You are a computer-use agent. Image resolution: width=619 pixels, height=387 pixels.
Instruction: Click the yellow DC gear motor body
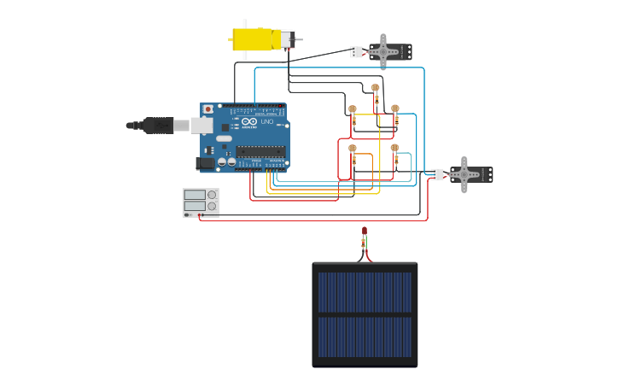coord(254,39)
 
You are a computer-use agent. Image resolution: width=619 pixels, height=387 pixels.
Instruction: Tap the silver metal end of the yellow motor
coord(288,39)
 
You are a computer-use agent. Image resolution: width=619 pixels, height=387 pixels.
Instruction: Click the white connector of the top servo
coord(356,52)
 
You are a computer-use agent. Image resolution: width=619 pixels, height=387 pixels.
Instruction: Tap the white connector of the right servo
coord(437,174)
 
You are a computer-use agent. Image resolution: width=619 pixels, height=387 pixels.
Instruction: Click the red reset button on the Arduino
coord(207,109)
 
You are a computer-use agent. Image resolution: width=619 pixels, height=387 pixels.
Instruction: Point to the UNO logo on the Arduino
coord(265,122)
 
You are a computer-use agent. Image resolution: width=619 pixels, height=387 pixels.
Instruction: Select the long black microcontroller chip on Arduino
coord(260,151)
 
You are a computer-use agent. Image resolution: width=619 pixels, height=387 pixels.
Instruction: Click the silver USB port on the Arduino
coord(201,126)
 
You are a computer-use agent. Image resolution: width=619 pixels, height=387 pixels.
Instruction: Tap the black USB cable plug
coord(159,126)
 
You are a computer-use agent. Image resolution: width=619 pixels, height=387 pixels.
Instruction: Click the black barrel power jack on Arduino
coord(205,162)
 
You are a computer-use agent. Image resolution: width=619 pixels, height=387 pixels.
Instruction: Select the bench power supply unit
coord(201,202)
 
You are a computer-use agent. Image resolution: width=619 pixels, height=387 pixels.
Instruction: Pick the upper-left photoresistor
coord(353,109)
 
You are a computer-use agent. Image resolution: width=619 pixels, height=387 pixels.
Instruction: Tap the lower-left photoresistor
coord(353,149)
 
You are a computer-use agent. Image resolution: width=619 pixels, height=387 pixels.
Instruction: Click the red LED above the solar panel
coord(365,231)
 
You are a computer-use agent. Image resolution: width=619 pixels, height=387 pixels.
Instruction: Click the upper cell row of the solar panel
coord(365,292)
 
